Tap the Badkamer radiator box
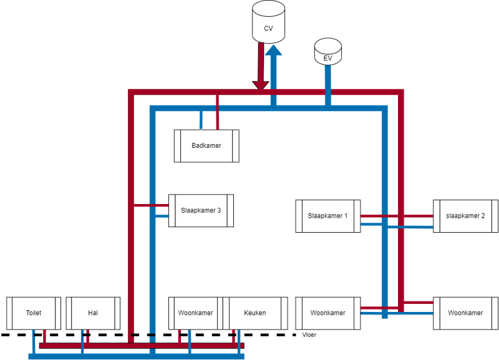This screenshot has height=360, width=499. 206,145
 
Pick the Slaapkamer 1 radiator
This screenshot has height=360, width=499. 328,216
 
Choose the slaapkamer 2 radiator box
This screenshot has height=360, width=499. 465,216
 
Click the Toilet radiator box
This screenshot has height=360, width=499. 33,313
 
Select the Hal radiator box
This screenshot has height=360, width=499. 94,313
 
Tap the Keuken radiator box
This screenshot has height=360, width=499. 254,313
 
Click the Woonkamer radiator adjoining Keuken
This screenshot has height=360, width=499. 196,313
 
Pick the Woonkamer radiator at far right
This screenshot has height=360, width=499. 465,313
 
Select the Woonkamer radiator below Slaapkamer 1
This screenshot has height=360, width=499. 328,313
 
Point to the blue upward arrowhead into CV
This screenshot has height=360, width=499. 273,54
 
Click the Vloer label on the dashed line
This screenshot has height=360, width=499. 309,335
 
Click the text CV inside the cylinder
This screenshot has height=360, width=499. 268,29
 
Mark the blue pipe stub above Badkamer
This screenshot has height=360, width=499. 200,119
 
